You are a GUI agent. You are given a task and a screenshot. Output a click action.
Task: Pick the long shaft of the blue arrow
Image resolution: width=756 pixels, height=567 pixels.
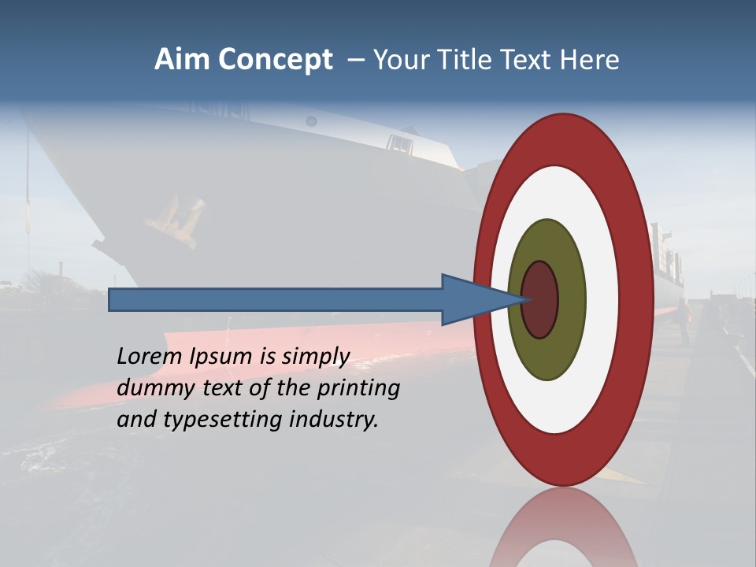[276, 300]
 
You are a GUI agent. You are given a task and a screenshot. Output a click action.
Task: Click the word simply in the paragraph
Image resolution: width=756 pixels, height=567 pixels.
[315, 357]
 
